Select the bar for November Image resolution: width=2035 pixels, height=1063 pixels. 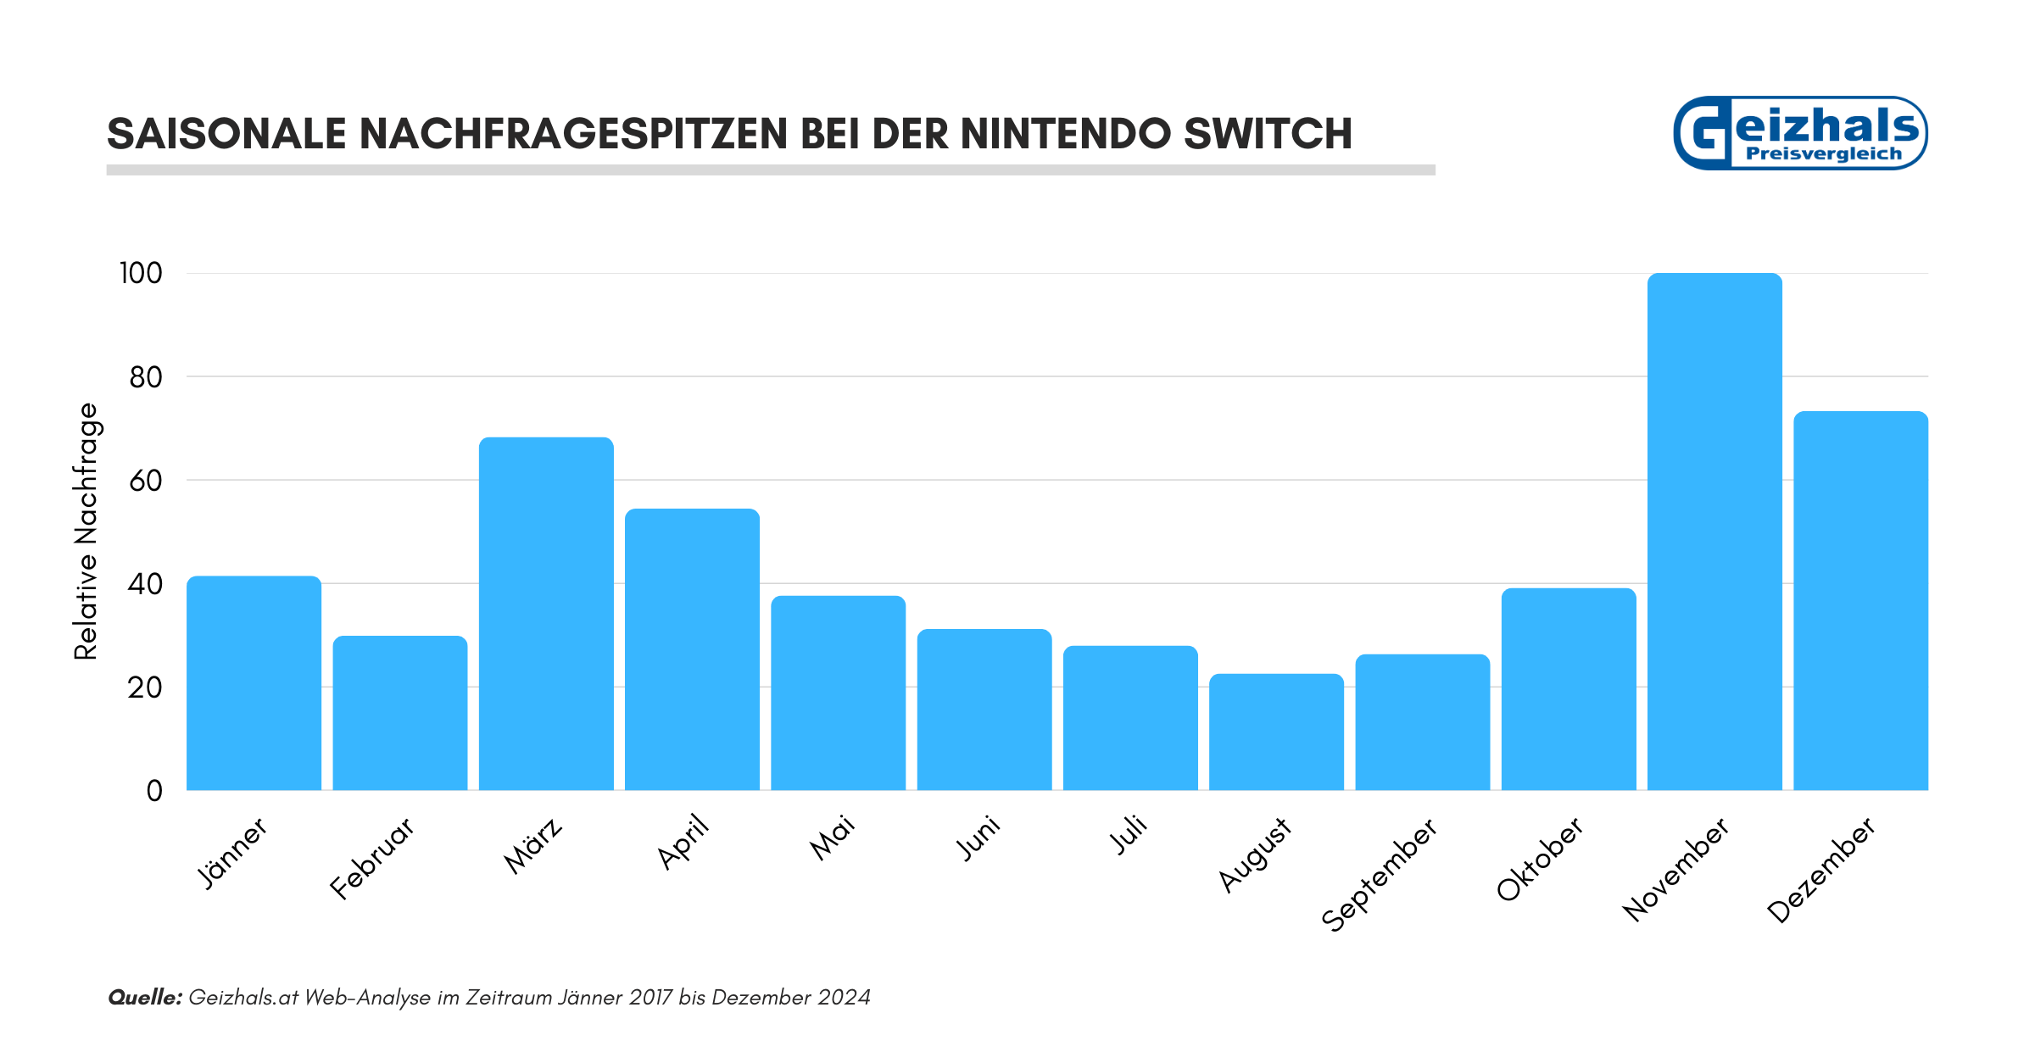pyautogui.click(x=1714, y=531)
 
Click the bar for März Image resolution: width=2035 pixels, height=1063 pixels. pyautogui.click(x=546, y=614)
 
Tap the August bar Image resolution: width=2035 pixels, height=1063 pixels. pyautogui.click(x=1276, y=732)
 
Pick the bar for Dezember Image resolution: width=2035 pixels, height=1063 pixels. pyautogui.click(x=1860, y=601)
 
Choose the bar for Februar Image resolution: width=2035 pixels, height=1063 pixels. pyautogui.click(x=400, y=713)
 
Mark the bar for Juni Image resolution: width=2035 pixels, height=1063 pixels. pyautogui.click(x=984, y=710)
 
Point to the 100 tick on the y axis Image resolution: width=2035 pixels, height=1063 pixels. pyautogui.click(x=141, y=274)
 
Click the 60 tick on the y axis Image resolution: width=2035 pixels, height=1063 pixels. pyautogui.click(x=145, y=481)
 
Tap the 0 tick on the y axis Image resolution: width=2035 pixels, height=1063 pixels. pyautogui.click(x=154, y=791)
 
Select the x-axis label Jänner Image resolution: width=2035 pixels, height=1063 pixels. pyautogui.click(x=232, y=852)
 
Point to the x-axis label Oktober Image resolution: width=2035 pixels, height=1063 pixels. pyautogui.click(x=1540, y=859)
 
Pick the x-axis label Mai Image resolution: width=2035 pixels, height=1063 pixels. pyautogui.click(x=833, y=838)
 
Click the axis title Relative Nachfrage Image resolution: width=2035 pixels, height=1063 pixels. pyautogui.click(x=86, y=531)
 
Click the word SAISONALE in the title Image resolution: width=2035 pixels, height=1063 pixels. pyautogui.click(x=227, y=134)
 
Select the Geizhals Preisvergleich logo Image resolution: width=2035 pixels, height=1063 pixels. pyautogui.click(x=1800, y=133)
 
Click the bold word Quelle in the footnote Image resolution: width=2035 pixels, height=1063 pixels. pyautogui.click(x=145, y=998)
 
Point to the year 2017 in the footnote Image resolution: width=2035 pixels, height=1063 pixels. pyautogui.click(x=650, y=998)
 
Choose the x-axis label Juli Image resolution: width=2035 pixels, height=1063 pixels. pyautogui.click(x=1129, y=835)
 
